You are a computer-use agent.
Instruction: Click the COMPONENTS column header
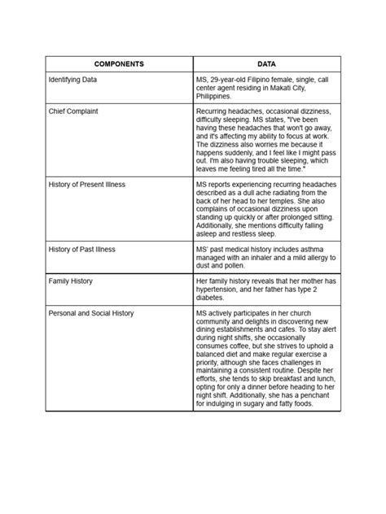[x=118, y=63]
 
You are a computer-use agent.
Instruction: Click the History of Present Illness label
[x=87, y=185]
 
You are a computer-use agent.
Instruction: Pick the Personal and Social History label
[x=91, y=311]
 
